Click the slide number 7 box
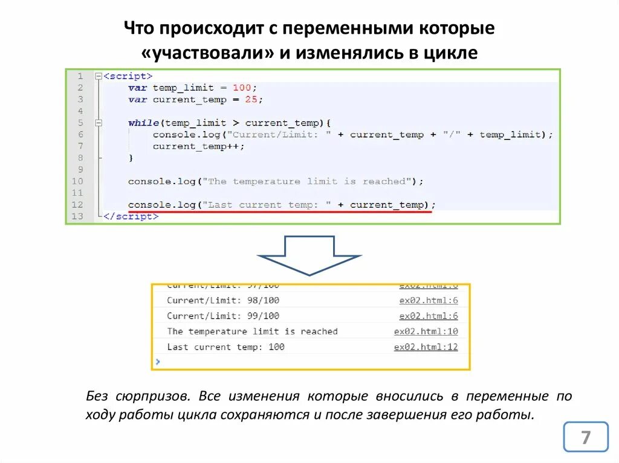pos(585,437)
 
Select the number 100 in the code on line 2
pos(242,88)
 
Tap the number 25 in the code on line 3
pos(251,100)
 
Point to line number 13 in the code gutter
pos(77,216)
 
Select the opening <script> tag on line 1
pos(128,76)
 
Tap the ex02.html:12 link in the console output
pos(426,347)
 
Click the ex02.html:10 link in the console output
pos(426,331)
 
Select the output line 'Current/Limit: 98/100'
pos(223,300)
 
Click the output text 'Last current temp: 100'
pos(225,347)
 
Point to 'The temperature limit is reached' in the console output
pos(252,331)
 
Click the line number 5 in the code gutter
pos(80,123)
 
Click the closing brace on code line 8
pos(131,158)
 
